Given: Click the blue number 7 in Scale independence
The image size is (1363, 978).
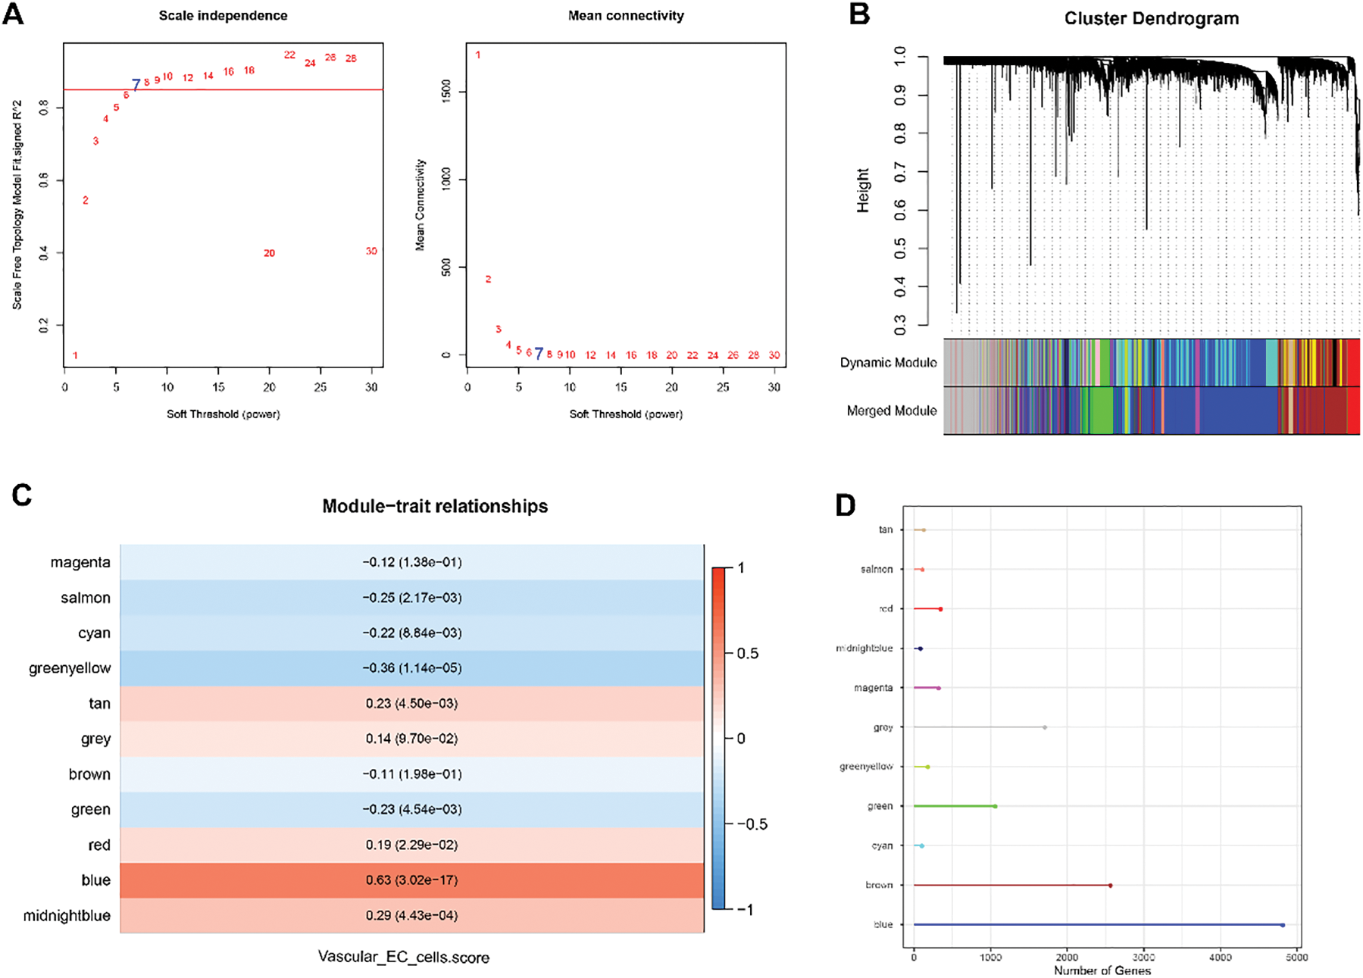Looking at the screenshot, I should (136, 85).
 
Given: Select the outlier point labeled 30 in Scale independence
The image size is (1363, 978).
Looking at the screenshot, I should (371, 251).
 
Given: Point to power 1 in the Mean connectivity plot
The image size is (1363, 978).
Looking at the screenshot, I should (478, 55).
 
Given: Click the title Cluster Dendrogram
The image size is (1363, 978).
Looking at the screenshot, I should (1151, 19).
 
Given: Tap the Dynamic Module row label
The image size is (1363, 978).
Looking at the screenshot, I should (888, 363).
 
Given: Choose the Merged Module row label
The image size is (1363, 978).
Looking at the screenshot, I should (891, 411).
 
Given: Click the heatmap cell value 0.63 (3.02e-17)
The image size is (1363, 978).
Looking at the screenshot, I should (411, 880).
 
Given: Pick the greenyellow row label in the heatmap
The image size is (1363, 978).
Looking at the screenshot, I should (70, 668).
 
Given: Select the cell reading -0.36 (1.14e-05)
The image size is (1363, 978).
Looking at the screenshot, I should (411, 668).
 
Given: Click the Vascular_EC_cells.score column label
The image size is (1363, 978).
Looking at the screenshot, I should (403, 958).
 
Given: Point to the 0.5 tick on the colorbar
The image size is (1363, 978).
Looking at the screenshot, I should (746, 654).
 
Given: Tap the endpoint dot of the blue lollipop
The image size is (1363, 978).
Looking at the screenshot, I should (1282, 925).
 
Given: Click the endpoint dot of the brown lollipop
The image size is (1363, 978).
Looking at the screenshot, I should (1110, 886).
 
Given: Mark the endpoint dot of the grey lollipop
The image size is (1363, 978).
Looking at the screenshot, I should (1045, 727).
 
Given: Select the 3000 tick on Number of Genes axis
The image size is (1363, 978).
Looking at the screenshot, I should (1143, 958).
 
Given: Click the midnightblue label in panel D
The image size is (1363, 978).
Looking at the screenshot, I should (864, 648).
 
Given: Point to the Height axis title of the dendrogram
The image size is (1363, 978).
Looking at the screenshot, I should (863, 190).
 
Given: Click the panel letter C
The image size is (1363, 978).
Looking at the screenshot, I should (22, 495).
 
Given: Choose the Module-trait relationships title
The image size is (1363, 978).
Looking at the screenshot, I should (435, 506).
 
